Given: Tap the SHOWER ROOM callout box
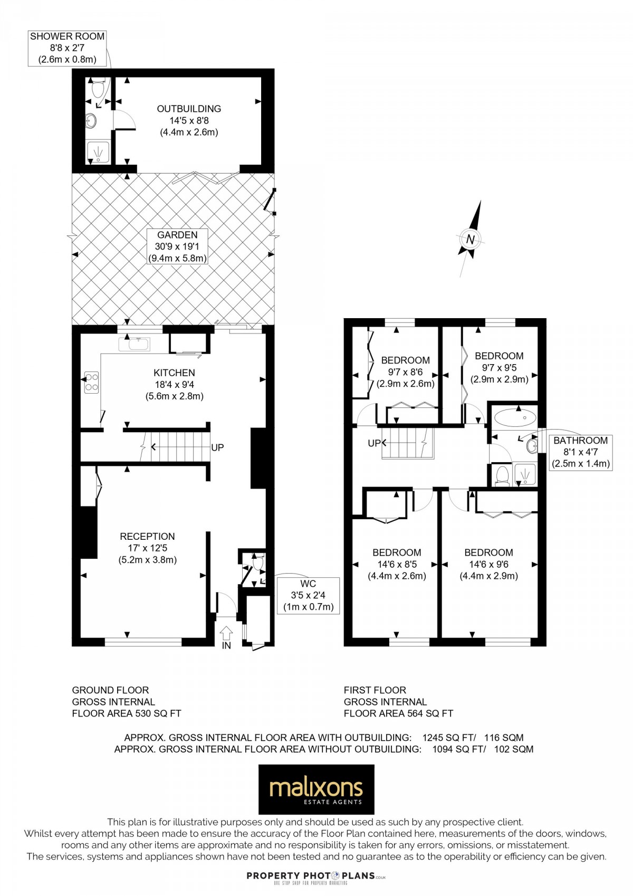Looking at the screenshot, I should tap(67, 48).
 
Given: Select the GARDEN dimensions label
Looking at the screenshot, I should tap(177, 246).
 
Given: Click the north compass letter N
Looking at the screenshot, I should tap(471, 239).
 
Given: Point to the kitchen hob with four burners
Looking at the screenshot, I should tap(91, 382).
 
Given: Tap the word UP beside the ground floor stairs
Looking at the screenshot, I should tap(217, 447).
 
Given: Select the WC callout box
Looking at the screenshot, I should tap(308, 595).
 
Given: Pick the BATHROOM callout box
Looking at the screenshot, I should tap(580, 452).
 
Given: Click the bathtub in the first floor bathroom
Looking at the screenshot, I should tap(515, 418).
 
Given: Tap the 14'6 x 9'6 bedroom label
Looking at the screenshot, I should tap(488, 564).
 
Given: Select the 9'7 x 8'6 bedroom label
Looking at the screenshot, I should tap(405, 372).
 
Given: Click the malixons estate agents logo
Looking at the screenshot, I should tap(316, 789).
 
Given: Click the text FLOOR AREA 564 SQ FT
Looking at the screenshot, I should tap(398, 713).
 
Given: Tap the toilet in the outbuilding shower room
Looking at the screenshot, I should tap(97, 91).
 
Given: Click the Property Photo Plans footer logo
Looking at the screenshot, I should tap(316, 876).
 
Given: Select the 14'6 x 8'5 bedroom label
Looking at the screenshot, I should tap(397, 564).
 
